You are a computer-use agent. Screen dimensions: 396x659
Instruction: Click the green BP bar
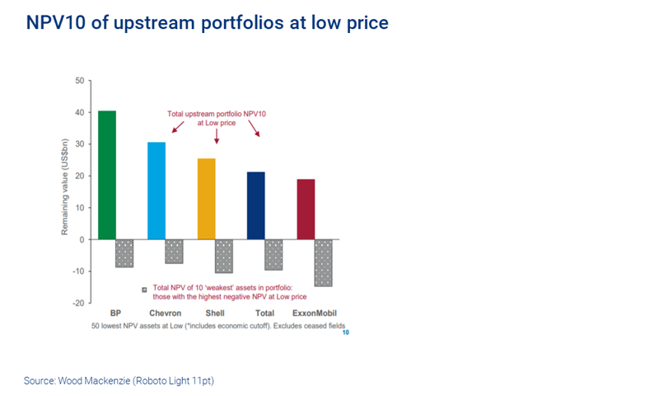pos(107,174)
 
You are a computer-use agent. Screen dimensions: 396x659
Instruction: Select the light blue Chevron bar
pos(157,190)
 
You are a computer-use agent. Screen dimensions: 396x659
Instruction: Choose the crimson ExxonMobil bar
pos(306,209)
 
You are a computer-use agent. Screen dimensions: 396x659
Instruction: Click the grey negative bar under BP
pos(124,253)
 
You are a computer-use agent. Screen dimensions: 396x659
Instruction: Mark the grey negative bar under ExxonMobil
pos(323,262)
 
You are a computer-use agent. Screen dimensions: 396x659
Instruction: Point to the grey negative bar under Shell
pos(224,256)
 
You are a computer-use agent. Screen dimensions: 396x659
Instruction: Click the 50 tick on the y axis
pos(80,81)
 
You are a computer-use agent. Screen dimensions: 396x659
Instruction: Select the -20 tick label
pos(78,303)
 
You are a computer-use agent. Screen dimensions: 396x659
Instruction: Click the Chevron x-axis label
pos(165,313)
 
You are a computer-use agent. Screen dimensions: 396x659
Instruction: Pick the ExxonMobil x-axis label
pos(314,313)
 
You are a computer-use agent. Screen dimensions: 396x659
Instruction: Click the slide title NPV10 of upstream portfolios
pos(207,22)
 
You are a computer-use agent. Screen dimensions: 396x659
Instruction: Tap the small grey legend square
pos(144,290)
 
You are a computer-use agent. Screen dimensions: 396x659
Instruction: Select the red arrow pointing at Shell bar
pos(217,136)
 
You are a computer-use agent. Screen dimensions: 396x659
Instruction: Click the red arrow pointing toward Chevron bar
pos(179,126)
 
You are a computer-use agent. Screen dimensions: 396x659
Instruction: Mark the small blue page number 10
pos(346,332)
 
